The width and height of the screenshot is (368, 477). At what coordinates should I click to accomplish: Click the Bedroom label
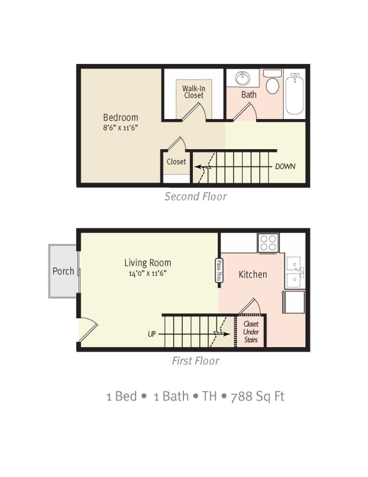point(121,117)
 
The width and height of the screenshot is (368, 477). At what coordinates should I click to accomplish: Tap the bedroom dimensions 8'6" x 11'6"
point(121,127)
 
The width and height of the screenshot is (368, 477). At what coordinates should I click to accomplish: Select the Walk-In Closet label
point(193,92)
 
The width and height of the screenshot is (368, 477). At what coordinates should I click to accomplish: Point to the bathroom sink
point(243,79)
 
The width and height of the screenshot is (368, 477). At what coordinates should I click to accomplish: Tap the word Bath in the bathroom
point(249,95)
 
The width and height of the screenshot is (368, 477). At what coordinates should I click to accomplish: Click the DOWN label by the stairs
point(285,166)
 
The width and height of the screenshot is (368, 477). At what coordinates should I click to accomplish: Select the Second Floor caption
point(195,197)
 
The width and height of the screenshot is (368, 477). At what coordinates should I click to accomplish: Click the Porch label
point(63,271)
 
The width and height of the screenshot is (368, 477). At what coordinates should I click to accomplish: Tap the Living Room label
point(148,263)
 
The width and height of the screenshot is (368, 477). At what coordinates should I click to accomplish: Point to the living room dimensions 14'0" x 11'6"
point(148,273)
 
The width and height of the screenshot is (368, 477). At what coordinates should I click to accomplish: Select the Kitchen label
point(253,275)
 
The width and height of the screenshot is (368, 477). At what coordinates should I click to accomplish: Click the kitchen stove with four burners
point(268,243)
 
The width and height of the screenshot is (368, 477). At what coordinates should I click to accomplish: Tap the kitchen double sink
point(295,272)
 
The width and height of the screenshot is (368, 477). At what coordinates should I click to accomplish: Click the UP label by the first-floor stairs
point(151,334)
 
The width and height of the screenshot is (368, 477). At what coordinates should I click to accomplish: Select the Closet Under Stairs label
point(251,332)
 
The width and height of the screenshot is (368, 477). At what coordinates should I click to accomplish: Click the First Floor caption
point(195,361)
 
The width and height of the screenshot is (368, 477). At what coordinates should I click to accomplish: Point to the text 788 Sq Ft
point(257,396)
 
